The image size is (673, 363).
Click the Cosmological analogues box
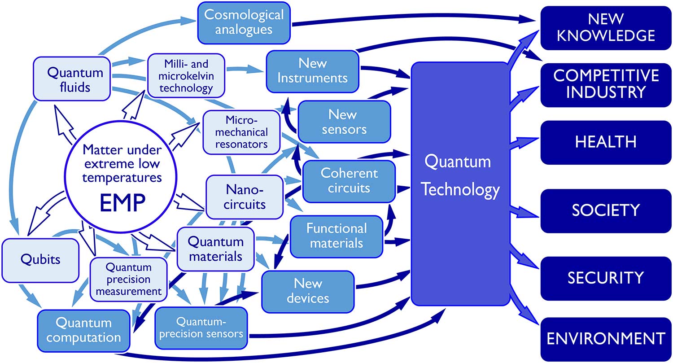(244, 22)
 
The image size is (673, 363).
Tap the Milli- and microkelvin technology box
(186, 75)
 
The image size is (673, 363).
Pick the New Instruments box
(312, 70)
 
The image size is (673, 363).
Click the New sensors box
(344, 122)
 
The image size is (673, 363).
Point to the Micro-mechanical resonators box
(241, 132)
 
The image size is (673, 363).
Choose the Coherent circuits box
(349, 181)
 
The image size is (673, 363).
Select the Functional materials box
(336, 236)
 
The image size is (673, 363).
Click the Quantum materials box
(215, 249)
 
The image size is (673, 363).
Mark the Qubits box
(40, 259)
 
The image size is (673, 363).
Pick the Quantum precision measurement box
(128, 279)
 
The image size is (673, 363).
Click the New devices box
(308, 291)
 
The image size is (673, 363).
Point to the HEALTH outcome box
(605, 142)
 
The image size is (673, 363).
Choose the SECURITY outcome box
(605, 278)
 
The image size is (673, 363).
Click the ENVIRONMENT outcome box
(605, 338)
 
